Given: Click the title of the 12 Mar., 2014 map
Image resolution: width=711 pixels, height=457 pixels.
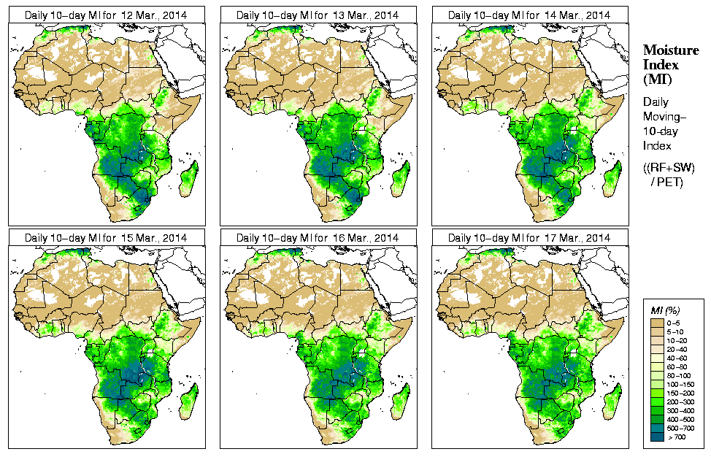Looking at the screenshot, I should pos(106,15).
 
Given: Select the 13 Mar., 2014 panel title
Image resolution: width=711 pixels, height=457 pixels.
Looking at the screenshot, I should pos(318,15).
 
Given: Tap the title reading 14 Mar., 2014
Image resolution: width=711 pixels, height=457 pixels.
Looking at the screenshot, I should pos(529,15).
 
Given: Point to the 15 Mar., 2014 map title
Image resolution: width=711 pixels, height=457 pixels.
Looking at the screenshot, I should pos(106,238).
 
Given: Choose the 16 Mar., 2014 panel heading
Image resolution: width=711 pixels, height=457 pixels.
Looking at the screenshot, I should pos(318,238).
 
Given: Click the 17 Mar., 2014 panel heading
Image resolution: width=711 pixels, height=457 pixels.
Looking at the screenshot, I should pos(529,238).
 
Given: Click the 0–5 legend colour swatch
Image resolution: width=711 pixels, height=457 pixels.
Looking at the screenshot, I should pos(656,322).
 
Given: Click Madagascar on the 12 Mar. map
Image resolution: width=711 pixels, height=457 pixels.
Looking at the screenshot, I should pos(188,178).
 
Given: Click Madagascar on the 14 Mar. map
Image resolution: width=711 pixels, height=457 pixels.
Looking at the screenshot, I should pos(612,178).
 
